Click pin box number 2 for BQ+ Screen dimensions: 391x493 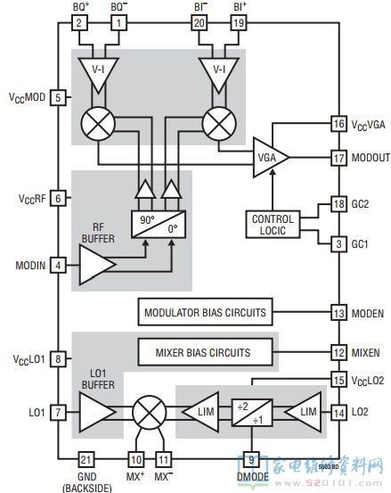tap(79, 23)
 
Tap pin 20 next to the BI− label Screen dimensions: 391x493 tap(200, 23)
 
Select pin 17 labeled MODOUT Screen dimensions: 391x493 tap(338, 158)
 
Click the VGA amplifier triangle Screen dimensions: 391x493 tap(271, 157)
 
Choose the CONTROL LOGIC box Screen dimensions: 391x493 tap(273, 225)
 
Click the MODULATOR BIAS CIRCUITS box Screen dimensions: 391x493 tap(206, 312)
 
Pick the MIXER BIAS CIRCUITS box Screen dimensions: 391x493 tap(206, 352)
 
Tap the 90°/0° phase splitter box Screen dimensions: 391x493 tap(159, 224)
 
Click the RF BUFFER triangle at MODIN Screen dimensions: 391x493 tap(98, 265)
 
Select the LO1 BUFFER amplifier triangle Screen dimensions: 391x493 tap(98, 412)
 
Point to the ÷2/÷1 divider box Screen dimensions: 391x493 tap(252, 413)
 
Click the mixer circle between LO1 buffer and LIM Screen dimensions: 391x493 tap(150, 412)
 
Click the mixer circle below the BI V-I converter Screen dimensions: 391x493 tap(219, 124)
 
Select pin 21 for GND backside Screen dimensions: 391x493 tap(86, 459)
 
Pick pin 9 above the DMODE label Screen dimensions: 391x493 tap(251, 459)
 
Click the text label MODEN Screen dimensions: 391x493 tap(368, 314)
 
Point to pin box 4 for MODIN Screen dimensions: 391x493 tap(58, 265)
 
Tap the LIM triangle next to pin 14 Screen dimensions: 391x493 tap(304, 412)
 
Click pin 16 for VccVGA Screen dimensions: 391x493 tap(338, 123)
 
